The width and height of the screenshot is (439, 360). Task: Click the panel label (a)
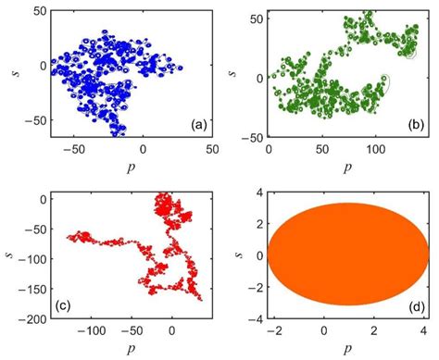coord(196,123)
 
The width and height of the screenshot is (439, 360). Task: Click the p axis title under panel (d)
coord(345,352)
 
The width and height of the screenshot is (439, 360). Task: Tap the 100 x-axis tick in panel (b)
coord(376,148)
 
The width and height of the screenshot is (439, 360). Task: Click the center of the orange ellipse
coord(345,255)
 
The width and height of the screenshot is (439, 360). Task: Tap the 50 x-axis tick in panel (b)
coord(322,148)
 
